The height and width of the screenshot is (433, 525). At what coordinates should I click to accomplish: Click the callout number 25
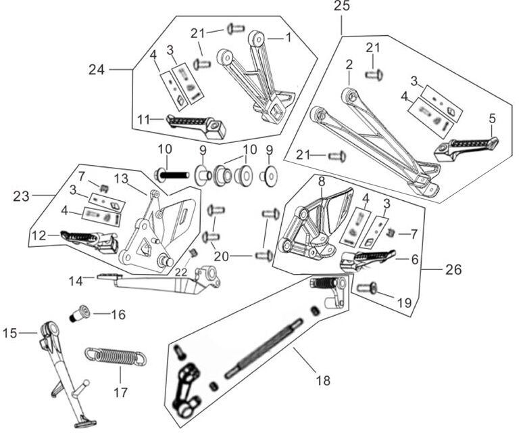[x=342, y=7]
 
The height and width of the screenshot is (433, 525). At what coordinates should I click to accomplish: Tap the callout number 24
[x=97, y=69]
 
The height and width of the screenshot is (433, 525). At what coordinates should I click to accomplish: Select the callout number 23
[x=22, y=196]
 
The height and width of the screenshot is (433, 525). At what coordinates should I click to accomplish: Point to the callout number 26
[x=453, y=269]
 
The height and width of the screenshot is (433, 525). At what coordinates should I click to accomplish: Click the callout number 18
[x=323, y=380]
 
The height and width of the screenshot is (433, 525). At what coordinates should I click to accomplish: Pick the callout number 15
[x=9, y=332]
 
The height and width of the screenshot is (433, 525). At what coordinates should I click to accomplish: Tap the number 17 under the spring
[x=120, y=392]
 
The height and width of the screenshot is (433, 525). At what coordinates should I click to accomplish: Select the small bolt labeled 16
[x=80, y=315]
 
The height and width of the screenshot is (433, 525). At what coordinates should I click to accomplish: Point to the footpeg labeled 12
[x=86, y=239]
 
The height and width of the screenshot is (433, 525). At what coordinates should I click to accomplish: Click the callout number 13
[x=121, y=178]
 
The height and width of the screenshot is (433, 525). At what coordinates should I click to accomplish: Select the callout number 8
[x=322, y=181]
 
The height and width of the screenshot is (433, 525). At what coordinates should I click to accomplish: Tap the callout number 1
[x=288, y=38]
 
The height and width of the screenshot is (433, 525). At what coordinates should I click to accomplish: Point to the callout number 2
[x=349, y=65]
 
